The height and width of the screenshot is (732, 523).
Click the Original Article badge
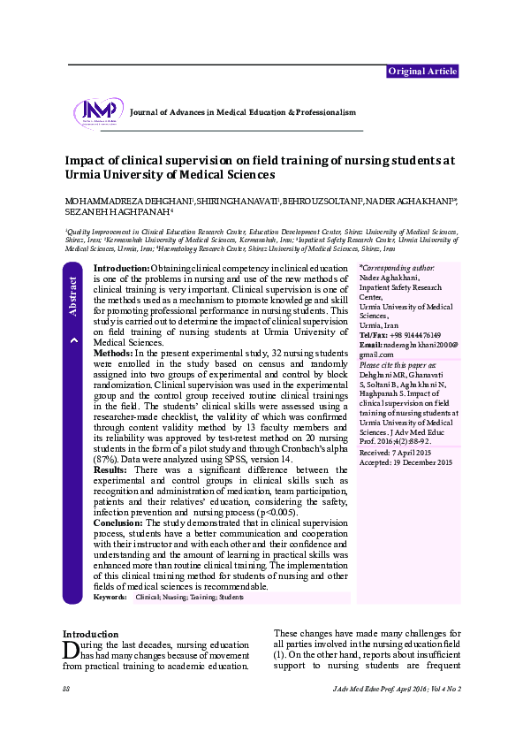click(x=424, y=71)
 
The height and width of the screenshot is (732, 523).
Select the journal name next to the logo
click(x=242, y=112)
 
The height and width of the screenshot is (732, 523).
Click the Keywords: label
click(x=110, y=598)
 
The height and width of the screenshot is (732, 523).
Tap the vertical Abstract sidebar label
click(x=73, y=296)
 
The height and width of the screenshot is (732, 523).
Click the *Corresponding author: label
click(x=398, y=266)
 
